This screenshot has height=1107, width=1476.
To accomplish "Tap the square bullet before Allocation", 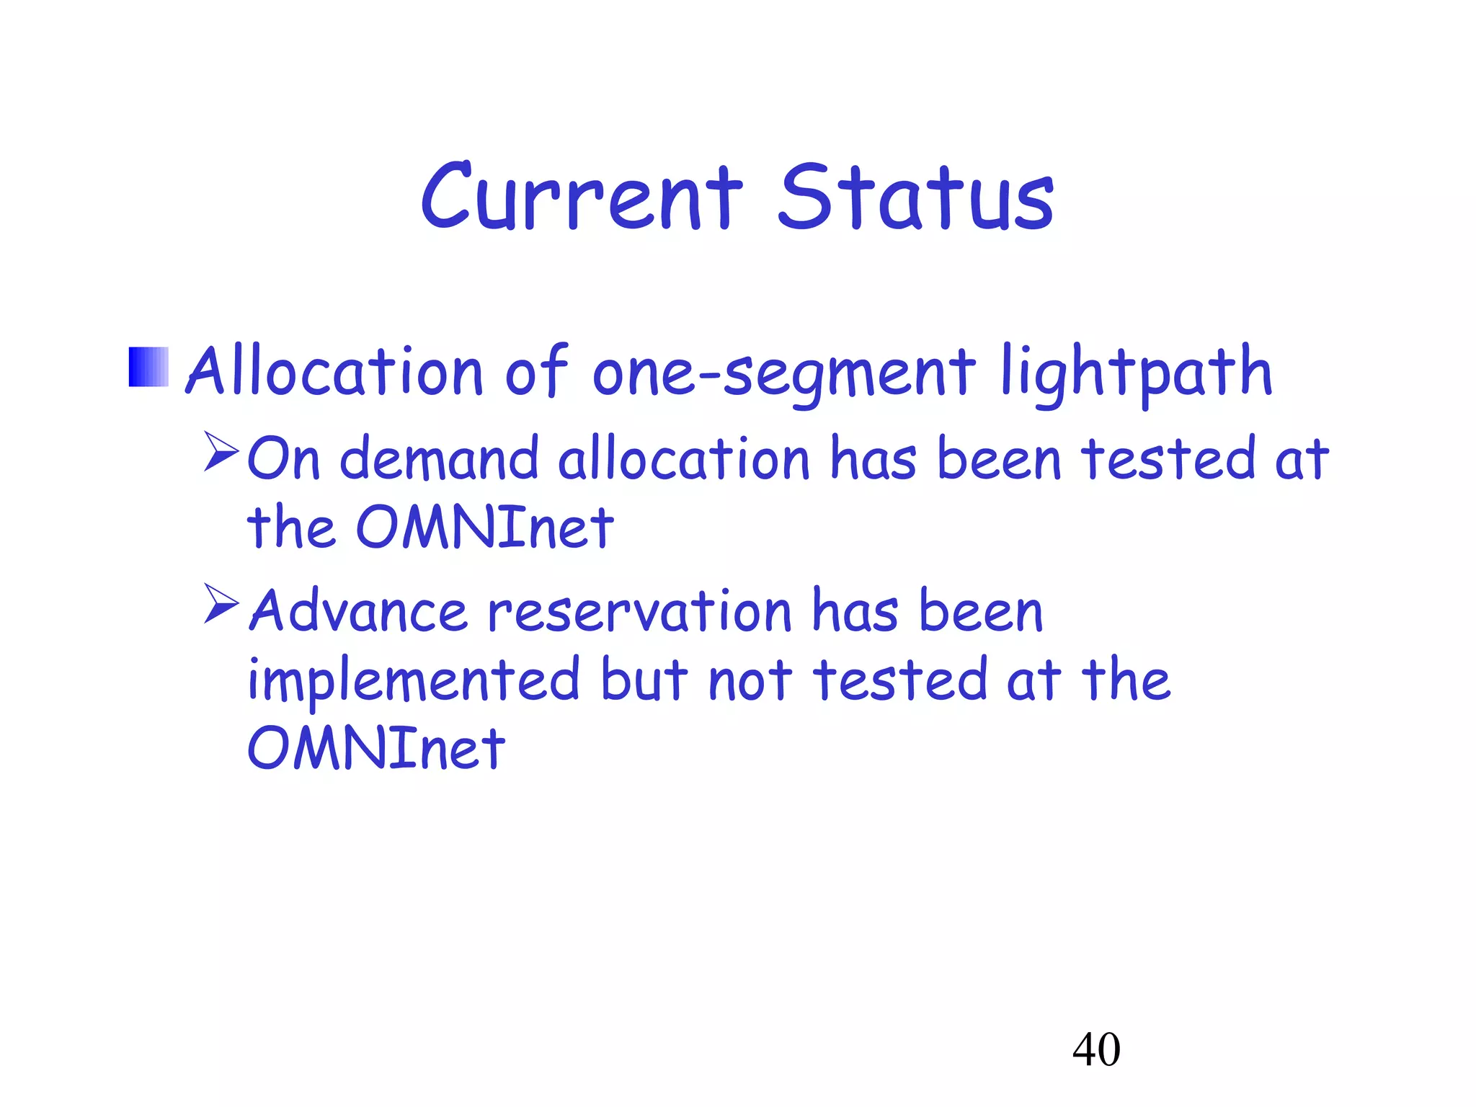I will coord(148,367).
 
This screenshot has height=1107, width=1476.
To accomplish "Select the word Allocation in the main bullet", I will coord(334,372).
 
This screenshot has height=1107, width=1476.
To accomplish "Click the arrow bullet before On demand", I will coord(221,451).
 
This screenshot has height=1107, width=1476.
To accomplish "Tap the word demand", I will coord(439,458).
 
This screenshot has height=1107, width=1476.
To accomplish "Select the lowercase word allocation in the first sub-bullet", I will coord(684,458).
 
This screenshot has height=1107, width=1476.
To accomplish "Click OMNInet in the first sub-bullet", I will coord(484,528).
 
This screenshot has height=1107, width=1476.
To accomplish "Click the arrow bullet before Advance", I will coord(221,603).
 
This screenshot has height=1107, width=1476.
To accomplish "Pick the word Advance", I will coord(358,611).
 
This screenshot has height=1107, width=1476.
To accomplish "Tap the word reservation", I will coord(640,611).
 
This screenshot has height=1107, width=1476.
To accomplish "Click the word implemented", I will coord(413,681).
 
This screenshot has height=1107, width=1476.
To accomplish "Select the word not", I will coord(750,681).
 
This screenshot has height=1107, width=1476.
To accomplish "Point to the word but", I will coord(644,681).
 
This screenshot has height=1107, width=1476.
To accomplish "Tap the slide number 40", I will coord(1096,1049).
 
